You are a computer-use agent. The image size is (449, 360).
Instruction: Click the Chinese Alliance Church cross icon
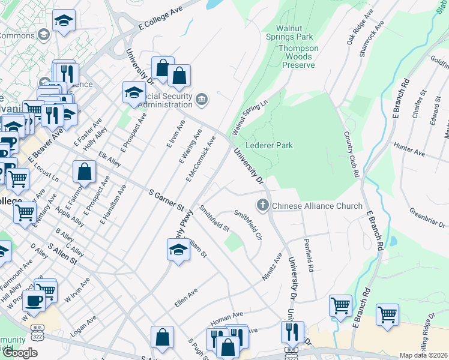tap(262, 206)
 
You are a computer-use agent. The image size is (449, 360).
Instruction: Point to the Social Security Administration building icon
tap(202, 98)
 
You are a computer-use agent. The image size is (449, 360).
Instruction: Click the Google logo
tap(20, 352)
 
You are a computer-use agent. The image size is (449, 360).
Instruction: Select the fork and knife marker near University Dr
tap(292, 331)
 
